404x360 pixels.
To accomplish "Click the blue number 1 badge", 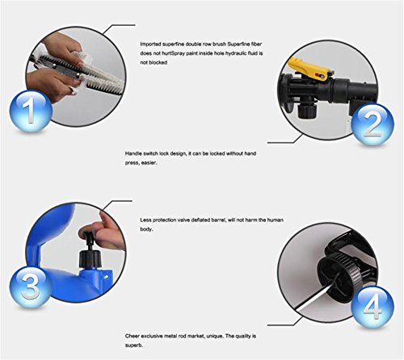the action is [31, 111].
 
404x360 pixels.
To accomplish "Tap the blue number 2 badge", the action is [372, 124].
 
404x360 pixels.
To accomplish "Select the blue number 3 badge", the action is [31, 287].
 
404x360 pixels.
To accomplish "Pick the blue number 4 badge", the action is [372, 307].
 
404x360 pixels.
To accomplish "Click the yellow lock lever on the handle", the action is [309, 69].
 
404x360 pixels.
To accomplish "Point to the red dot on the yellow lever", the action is [322, 76].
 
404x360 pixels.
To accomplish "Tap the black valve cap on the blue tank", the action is [89, 259].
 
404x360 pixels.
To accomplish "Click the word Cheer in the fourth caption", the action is [133, 336].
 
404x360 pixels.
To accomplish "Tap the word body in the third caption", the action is [146, 229].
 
